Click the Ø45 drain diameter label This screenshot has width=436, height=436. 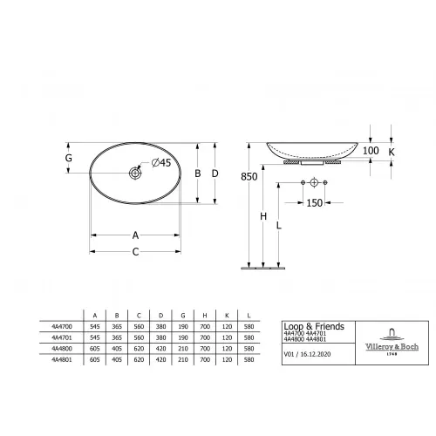point(163,163)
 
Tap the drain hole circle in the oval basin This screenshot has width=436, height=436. point(136,174)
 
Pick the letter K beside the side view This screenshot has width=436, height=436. point(391,151)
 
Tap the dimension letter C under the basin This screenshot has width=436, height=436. point(135,252)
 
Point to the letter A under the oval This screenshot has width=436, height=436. point(135,234)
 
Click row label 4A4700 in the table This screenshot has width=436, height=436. point(63,325)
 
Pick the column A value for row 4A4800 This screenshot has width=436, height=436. point(95,347)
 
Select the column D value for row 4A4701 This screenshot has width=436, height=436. point(159,336)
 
